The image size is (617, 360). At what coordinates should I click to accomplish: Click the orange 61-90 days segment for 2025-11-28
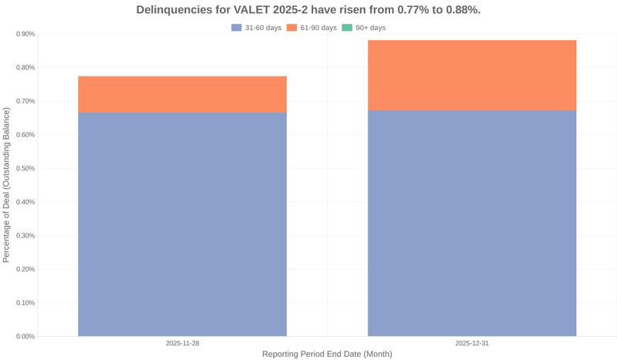(x=182, y=94)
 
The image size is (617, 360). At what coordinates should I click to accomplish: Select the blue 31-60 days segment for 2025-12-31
(x=471, y=224)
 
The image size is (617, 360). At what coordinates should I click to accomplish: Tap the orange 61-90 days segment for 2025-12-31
(x=471, y=75)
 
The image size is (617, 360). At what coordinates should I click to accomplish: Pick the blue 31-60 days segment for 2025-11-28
(x=182, y=224)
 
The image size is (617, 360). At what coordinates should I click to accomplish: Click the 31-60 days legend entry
(x=257, y=28)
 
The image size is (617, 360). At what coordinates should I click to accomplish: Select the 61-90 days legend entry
(x=312, y=28)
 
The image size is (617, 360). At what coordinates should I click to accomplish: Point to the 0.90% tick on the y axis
(x=25, y=34)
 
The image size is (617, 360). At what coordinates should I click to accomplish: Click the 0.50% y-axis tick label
(x=25, y=168)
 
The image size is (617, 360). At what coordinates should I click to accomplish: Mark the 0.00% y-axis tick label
(x=25, y=336)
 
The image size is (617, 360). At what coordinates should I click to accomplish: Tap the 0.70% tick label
(x=25, y=101)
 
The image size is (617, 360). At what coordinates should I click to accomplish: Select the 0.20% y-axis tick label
(x=25, y=269)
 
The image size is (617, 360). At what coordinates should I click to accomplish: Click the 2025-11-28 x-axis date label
(x=182, y=343)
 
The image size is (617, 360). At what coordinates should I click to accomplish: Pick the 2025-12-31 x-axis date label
(x=471, y=343)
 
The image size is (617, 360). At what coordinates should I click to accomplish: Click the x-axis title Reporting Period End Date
(x=327, y=354)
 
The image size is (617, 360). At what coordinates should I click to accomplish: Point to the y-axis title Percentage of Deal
(x=7, y=185)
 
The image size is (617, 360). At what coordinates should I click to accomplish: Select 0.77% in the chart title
(x=401, y=10)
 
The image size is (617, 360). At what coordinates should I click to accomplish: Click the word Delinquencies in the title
(x=173, y=10)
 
